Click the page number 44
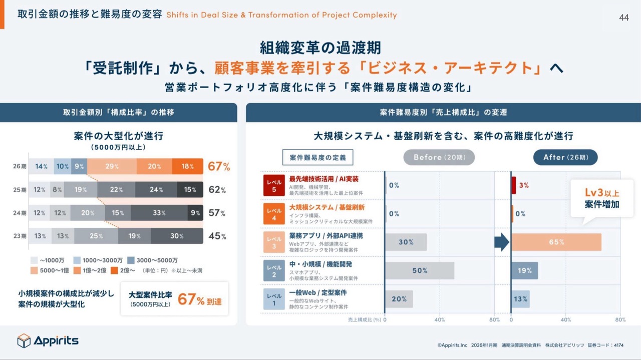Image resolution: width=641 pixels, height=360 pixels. [x=624, y=18]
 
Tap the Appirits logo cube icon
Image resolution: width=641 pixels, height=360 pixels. [x=24, y=341]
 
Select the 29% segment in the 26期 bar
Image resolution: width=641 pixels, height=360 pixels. [x=112, y=167]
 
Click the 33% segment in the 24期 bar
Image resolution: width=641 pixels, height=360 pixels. [x=159, y=213]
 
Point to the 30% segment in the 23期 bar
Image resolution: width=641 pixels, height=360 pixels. [x=177, y=236]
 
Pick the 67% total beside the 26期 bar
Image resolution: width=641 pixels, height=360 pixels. [x=219, y=167]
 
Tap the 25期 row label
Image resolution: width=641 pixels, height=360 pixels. [x=20, y=190]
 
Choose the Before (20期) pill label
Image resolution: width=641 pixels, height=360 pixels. [x=439, y=157]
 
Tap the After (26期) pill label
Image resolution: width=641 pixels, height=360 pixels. [x=565, y=157]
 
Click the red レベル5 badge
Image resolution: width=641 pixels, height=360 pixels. [x=274, y=185]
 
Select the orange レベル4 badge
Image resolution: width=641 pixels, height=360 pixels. [x=274, y=213]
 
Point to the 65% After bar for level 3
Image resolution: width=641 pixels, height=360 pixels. [x=556, y=242]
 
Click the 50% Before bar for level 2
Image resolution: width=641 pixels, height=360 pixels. [x=420, y=270]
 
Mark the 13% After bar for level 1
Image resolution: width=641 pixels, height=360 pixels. [x=520, y=299]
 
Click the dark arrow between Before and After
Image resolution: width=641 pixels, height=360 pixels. [x=501, y=242]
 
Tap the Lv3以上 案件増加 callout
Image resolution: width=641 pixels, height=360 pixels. [x=601, y=199]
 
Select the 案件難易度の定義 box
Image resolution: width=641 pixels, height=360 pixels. [x=317, y=157]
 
